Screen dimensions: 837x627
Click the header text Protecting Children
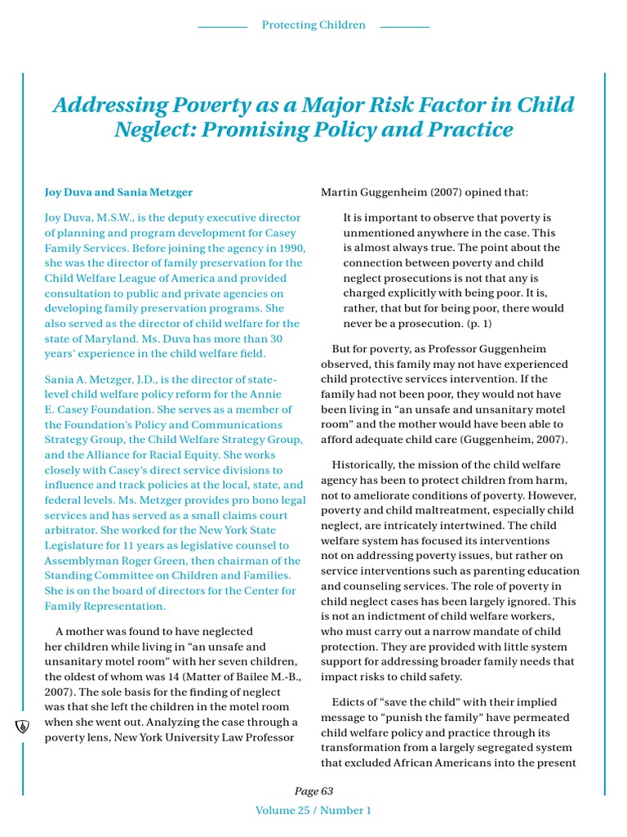[x=313, y=25]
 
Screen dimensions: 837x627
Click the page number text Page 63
[x=313, y=791]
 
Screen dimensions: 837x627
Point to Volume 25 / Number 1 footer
[x=313, y=811]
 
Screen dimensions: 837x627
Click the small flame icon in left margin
[x=23, y=727]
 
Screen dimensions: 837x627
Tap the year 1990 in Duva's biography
[x=290, y=248]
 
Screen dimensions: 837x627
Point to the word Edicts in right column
[x=349, y=701]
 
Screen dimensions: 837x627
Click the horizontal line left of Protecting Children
[x=222, y=27]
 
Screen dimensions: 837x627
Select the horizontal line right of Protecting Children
[x=405, y=27]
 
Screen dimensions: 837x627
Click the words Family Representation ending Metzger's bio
[x=104, y=606]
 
